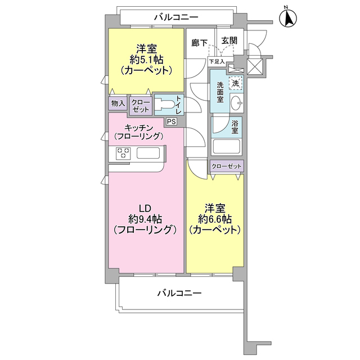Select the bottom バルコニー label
pyautogui.click(x=179, y=293)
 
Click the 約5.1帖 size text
pyautogui.click(x=146, y=59)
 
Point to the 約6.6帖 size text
pyautogui.click(x=215, y=218)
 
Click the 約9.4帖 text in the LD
pyautogui.click(x=146, y=218)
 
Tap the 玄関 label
pyautogui.click(x=229, y=40)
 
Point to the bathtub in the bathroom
pyautogui.click(x=226, y=147)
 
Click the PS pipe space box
pyautogui.click(x=171, y=121)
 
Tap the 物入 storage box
pyautogui.click(x=118, y=103)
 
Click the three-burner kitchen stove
pyautogui.click(x=124, y=152)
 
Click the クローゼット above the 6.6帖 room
pyautogui.click(x=227, y=166)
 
